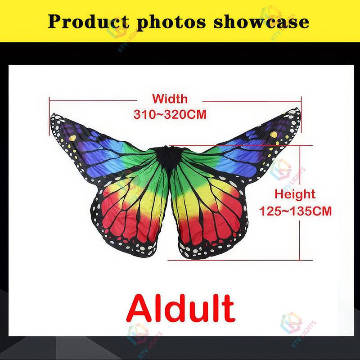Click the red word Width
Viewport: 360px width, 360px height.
click(x=170, y=99)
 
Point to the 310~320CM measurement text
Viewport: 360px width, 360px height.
click(x=170, y=114)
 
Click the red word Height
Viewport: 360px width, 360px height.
click(x=295, y=194)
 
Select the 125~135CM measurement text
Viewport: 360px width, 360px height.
click(x=296, y=211)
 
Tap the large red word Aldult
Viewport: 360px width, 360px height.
click(x=180, y=308)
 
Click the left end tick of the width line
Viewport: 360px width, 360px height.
click(x=49, y=101)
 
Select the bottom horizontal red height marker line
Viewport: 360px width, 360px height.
click(x=238, y=259)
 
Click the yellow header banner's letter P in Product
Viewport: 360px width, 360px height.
click(x=55, y=21)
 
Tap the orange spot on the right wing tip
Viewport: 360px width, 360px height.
click(x=273, y=135)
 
